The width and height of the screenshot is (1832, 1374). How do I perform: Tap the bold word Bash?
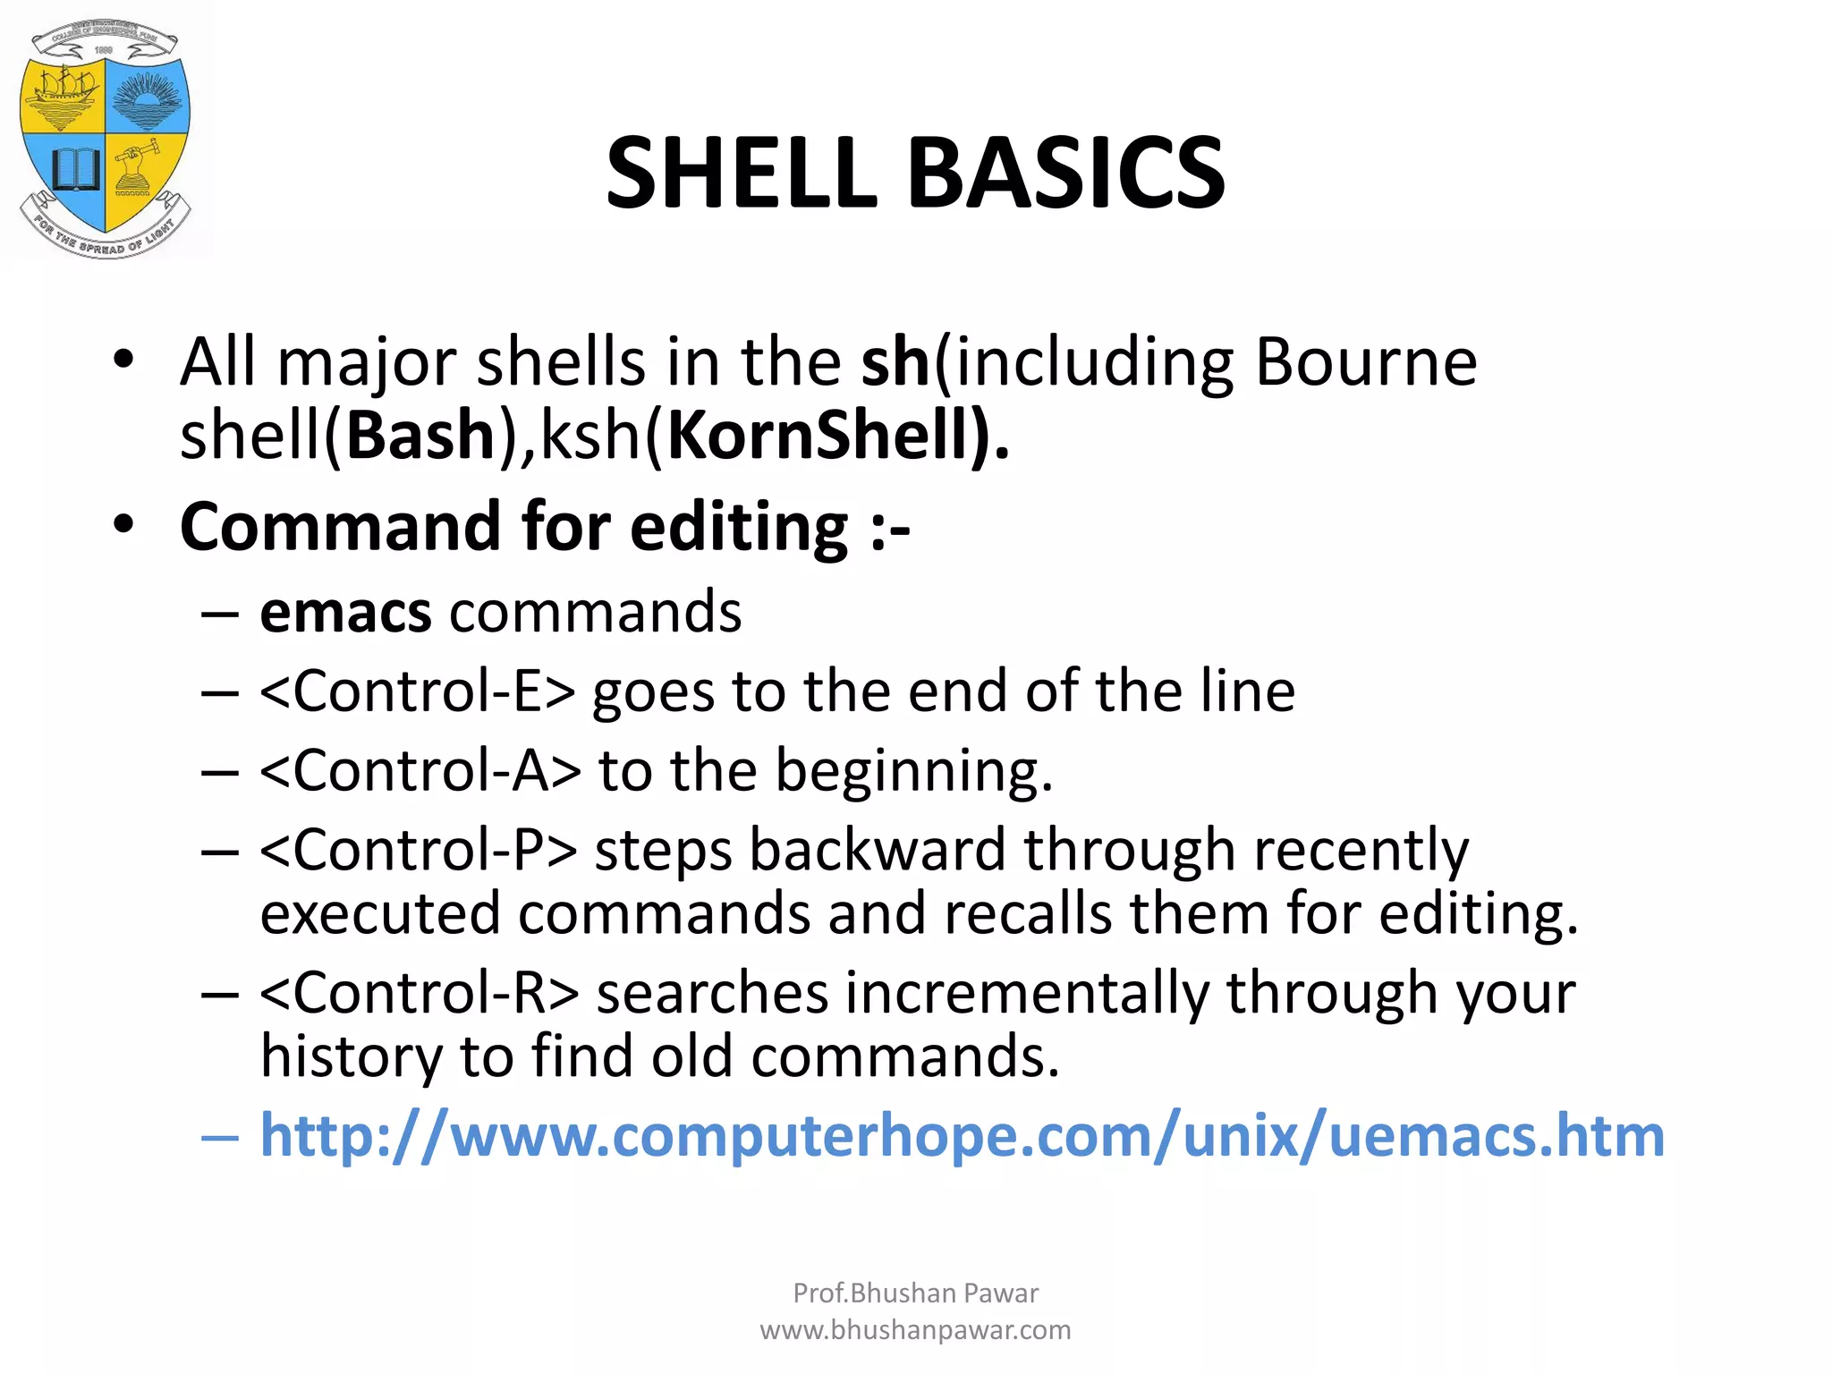(420, 436)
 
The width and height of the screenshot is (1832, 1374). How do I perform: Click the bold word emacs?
(345, 614)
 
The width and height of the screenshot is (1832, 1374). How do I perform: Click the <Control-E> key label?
(417, 692)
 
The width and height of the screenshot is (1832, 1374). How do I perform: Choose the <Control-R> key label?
(420, 993)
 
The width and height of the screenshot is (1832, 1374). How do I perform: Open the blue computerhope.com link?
(962, 1136)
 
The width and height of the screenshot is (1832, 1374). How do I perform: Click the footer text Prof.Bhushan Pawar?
(915, 1293)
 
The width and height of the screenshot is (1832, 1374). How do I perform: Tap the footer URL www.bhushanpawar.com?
(915, 1330)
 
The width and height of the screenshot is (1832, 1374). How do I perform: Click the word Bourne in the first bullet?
(1365, 362)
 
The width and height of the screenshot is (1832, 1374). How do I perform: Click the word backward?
(877, 850)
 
